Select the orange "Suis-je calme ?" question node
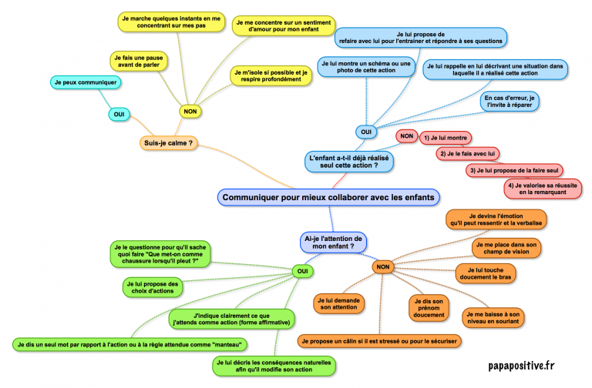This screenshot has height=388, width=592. click(167, 142)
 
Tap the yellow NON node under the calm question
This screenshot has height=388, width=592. click(190, 111)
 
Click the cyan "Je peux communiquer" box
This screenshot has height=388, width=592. click(85, 82)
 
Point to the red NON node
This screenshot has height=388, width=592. click(405, 136)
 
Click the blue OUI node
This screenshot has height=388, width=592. click(366, 132)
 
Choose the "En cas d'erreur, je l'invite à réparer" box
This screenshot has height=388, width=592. click(511, 102)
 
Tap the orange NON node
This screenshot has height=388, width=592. click(382, 267)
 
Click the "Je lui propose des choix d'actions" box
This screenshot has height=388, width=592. click(152, 287)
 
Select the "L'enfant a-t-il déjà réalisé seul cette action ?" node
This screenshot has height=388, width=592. click(349, 161)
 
